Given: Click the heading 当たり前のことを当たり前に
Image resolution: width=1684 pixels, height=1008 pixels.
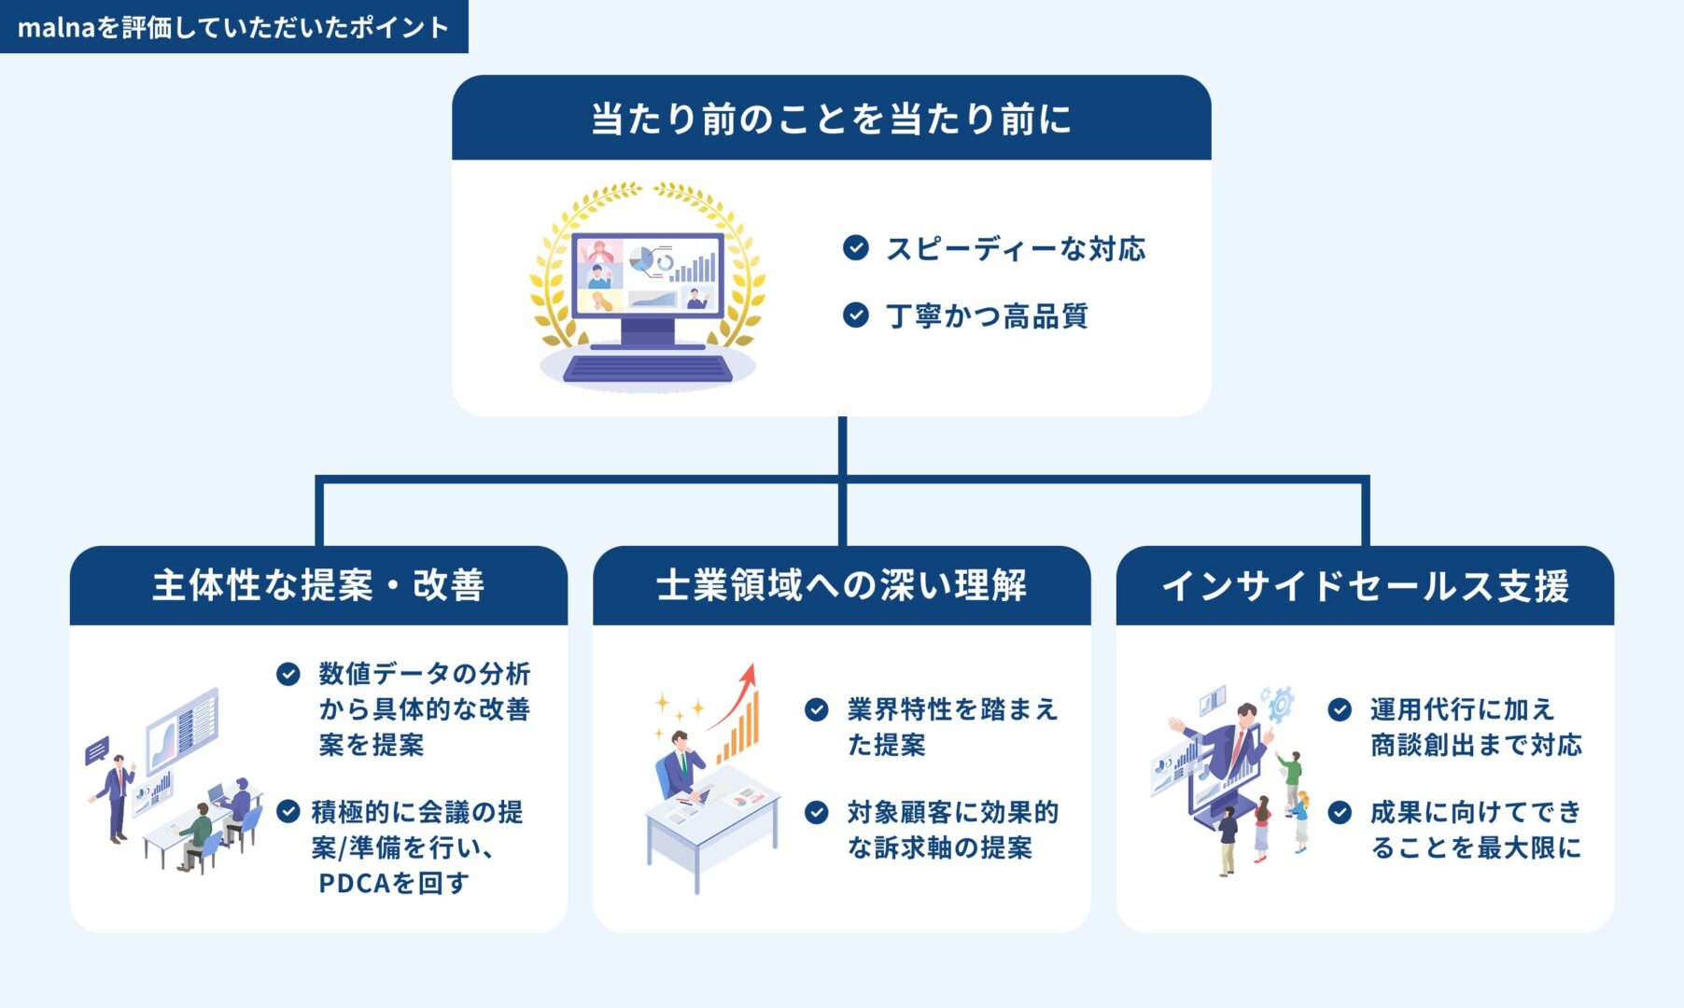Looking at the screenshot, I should click(x=831, y=119).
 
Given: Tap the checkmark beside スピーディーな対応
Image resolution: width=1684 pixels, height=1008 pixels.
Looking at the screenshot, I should click(x=855, y=248).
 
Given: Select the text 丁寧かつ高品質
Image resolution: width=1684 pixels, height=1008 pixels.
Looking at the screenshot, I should click(x=987, y=316).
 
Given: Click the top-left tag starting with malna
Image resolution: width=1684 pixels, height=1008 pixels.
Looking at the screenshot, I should click(x=233, y=27).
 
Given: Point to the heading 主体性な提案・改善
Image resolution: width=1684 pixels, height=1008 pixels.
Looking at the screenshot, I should click(x=318, y=586).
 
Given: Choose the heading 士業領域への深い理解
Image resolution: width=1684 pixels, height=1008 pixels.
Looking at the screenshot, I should click(x=841, y=586).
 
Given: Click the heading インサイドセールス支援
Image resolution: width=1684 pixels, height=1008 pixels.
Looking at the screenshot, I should click(x=1365, y=586).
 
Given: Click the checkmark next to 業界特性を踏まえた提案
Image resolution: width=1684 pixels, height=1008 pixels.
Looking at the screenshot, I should click(x=817, y=710).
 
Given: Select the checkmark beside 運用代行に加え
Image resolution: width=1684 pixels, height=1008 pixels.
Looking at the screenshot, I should click(x=1340, y=710).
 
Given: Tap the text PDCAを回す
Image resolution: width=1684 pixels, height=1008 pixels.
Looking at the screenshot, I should click(x=393, y=883).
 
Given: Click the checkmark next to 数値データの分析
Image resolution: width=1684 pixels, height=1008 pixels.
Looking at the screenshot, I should click(x=288, y=674).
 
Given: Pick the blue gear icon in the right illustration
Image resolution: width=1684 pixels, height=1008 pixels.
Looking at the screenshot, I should click(x=1280, y=703).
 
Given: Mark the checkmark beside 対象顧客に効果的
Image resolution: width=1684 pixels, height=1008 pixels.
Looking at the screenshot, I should click(x=817, y=813).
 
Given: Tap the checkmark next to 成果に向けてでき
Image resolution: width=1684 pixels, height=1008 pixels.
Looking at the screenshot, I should click(x=1340, y=813).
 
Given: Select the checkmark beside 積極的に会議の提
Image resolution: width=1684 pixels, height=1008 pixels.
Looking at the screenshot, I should click(x=288, y=812).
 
